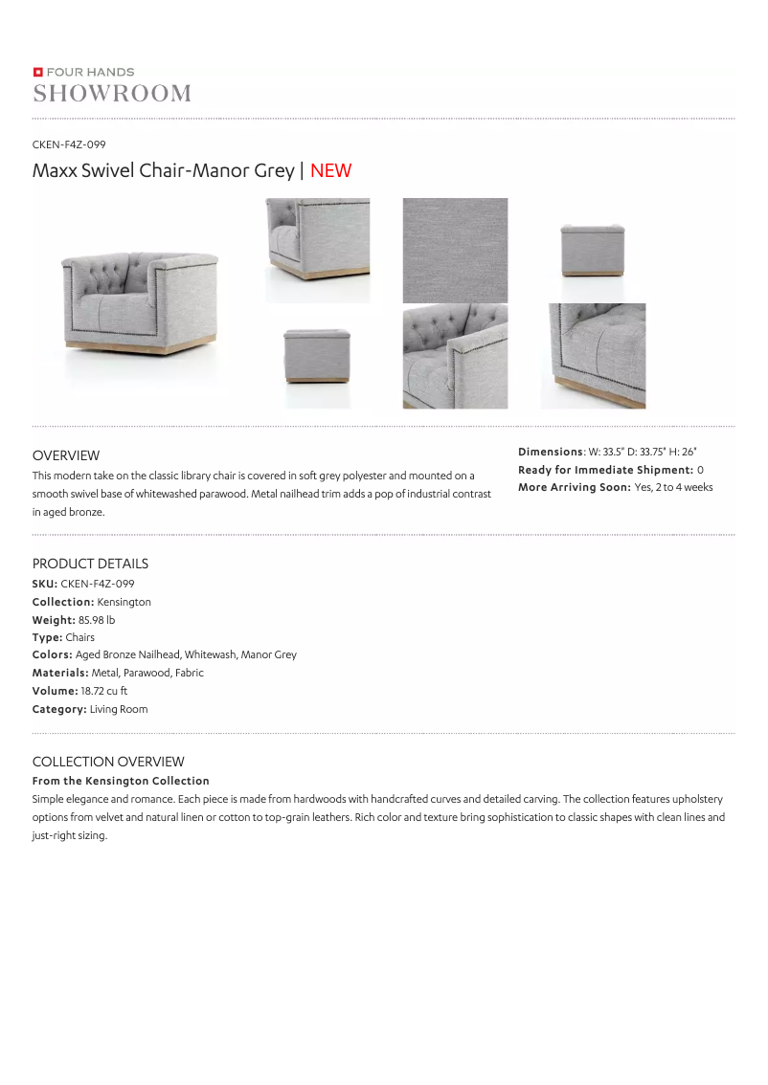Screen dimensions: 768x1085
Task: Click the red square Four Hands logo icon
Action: click(x=37, y=72)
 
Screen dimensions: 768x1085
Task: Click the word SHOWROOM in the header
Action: click(x=112, y=93)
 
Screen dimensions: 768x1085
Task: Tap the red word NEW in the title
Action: click(x=330, y=171)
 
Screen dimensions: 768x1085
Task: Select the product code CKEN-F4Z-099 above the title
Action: click(x=69, y=144)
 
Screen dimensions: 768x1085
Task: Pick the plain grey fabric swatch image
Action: click(x=455, y=251)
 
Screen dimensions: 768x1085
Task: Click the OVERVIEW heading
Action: click(x=66, y=455)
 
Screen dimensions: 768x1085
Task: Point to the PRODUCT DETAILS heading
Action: click(x=90, y=564)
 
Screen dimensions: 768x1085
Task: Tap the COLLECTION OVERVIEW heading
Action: click(x=108, y=762)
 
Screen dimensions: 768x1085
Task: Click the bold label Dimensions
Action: click(x=550, y=452)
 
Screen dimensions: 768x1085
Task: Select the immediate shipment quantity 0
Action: click(x=700, y=470)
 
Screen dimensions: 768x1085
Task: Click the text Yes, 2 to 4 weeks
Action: click(x=673, y=488)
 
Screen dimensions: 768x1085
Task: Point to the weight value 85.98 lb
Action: click(x=97, y=620)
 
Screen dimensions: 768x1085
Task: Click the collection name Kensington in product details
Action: click(x=124, y=602)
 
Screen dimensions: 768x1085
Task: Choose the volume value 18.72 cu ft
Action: click(x=103, y=691)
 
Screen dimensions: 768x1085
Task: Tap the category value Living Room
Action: click(x=119, y=709)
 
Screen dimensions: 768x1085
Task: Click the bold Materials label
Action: click(x=60, y=673)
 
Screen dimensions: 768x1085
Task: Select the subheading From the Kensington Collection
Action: click(x=121, y=781)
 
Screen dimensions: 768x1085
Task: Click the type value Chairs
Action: click(x=80, y=637)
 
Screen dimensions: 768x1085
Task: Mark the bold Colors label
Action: click(x=52, y=655)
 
